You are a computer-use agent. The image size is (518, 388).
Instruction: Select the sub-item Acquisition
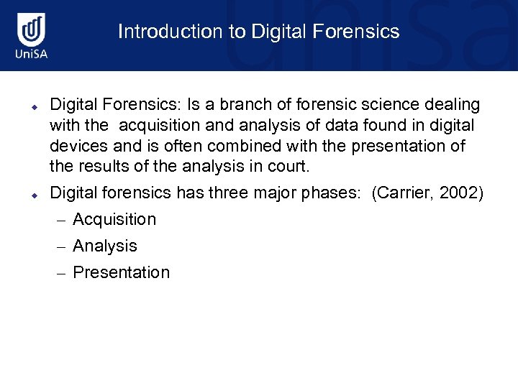pos(114,219)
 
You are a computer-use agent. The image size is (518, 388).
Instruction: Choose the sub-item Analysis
pos(105,246)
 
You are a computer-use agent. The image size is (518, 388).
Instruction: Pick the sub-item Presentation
pos(122,272)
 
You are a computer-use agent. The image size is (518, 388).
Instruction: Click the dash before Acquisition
pos(62,220)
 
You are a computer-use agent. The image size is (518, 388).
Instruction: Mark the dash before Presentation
pos(62,273)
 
